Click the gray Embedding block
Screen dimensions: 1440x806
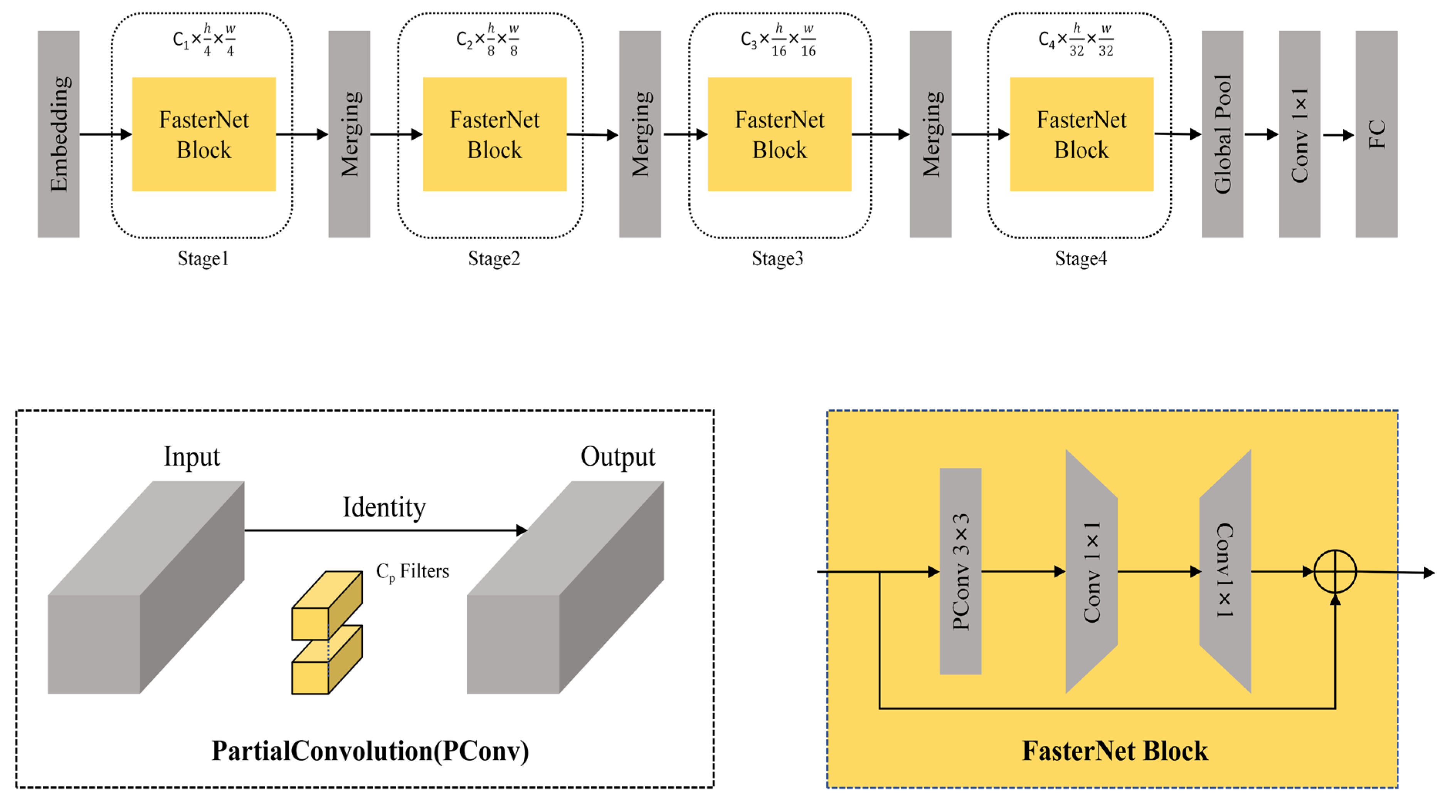(x=59, y=134)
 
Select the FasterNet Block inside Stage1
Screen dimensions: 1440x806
(x=204, y=134)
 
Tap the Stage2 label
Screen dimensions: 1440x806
(x=494, y=259)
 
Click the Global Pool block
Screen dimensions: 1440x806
(x=1223, y=134)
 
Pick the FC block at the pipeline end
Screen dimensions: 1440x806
(x=1376, y=134)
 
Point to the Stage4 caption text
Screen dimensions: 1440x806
(x=1080, y=259)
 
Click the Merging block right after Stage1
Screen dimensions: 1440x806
(x=349, y=134)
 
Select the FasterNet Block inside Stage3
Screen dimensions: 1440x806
(x=780, y=134)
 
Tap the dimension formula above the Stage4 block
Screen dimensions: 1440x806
(x=1076, y=40)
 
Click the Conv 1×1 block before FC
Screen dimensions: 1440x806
(x=1300, y=134)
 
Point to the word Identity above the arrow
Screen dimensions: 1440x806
(x=384, y=508)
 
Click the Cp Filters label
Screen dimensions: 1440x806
(x=412, y=572)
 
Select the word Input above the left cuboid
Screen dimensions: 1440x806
(x=192, y=457)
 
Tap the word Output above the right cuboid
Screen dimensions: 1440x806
(x=618, y=457)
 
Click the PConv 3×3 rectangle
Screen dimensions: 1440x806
(x=961, y=571)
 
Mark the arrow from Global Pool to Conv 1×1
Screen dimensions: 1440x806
(x=1261, y=134)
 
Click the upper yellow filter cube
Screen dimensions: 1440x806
(x=327, y=605)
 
